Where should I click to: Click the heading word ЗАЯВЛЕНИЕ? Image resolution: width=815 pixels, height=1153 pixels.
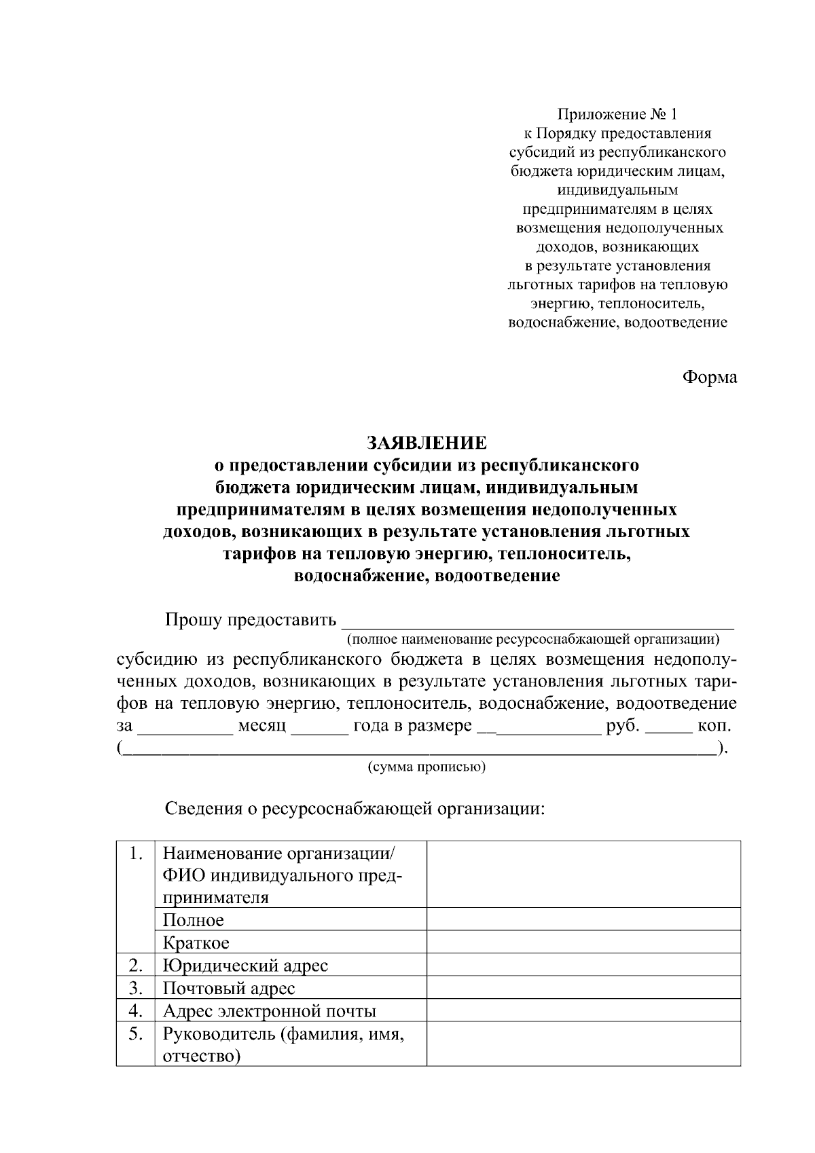pos(427,443)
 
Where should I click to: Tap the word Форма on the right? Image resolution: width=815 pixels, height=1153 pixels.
pos(709,378)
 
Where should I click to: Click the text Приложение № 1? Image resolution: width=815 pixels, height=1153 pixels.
pos(617,114)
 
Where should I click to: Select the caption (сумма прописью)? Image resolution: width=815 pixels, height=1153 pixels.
pos(427,767)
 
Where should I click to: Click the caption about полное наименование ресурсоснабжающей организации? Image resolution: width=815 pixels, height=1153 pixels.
pos(533,639)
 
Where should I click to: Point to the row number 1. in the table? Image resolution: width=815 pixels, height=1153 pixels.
pos(135,853)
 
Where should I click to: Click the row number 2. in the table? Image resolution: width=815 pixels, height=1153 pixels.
pos(135,965)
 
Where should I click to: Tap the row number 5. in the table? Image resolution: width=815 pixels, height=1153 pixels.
pos(135,1033)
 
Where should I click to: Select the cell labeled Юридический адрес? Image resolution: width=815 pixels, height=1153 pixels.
pos(245,965)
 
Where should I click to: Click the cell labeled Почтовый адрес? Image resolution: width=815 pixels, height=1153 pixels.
pos(229,988)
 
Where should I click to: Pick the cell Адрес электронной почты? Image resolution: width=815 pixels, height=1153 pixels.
pos(269,1011)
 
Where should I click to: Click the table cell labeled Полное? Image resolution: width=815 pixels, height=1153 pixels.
pos(193,920)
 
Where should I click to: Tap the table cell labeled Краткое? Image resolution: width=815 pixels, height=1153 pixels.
pos(196,942)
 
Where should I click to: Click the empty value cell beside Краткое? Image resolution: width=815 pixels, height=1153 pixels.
pos(583,942)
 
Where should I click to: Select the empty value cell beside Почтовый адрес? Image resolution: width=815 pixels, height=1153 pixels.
pos(583,987)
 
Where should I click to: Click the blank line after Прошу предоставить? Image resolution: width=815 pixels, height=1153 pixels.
pos(537,621)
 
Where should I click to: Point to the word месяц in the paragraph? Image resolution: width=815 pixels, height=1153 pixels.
pos(261,726)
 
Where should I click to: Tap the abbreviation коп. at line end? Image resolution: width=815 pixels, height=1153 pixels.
pos(714,726)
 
